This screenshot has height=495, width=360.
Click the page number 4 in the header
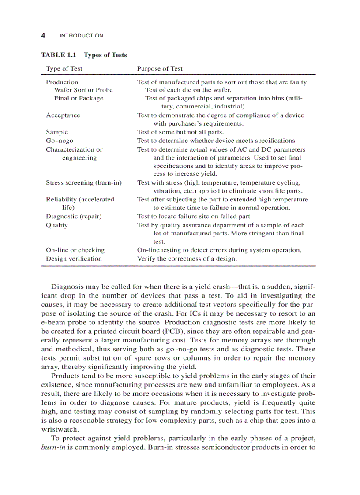(43, 36)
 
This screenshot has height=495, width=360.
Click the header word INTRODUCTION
(81, 36)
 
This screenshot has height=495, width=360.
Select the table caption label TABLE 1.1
(59, 55)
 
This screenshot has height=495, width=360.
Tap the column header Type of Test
(64, 69)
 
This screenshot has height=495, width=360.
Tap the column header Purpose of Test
(160, 69)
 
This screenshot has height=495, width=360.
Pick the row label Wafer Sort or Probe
(83, 90)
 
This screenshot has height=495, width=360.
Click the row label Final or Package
(79, 98)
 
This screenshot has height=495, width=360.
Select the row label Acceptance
(63, 115)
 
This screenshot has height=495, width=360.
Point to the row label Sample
(57, 132)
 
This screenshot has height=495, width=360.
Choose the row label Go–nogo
(60, 141)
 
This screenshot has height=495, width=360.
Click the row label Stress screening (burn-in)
(84, 182)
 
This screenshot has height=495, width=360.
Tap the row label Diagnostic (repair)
(74, 216)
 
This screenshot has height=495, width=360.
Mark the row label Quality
(57, 225)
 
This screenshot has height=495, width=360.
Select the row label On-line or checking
(75, 250)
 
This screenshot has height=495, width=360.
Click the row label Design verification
(74, 259)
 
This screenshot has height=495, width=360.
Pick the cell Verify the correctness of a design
(187, 259)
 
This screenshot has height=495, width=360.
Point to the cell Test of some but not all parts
(180, 132)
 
